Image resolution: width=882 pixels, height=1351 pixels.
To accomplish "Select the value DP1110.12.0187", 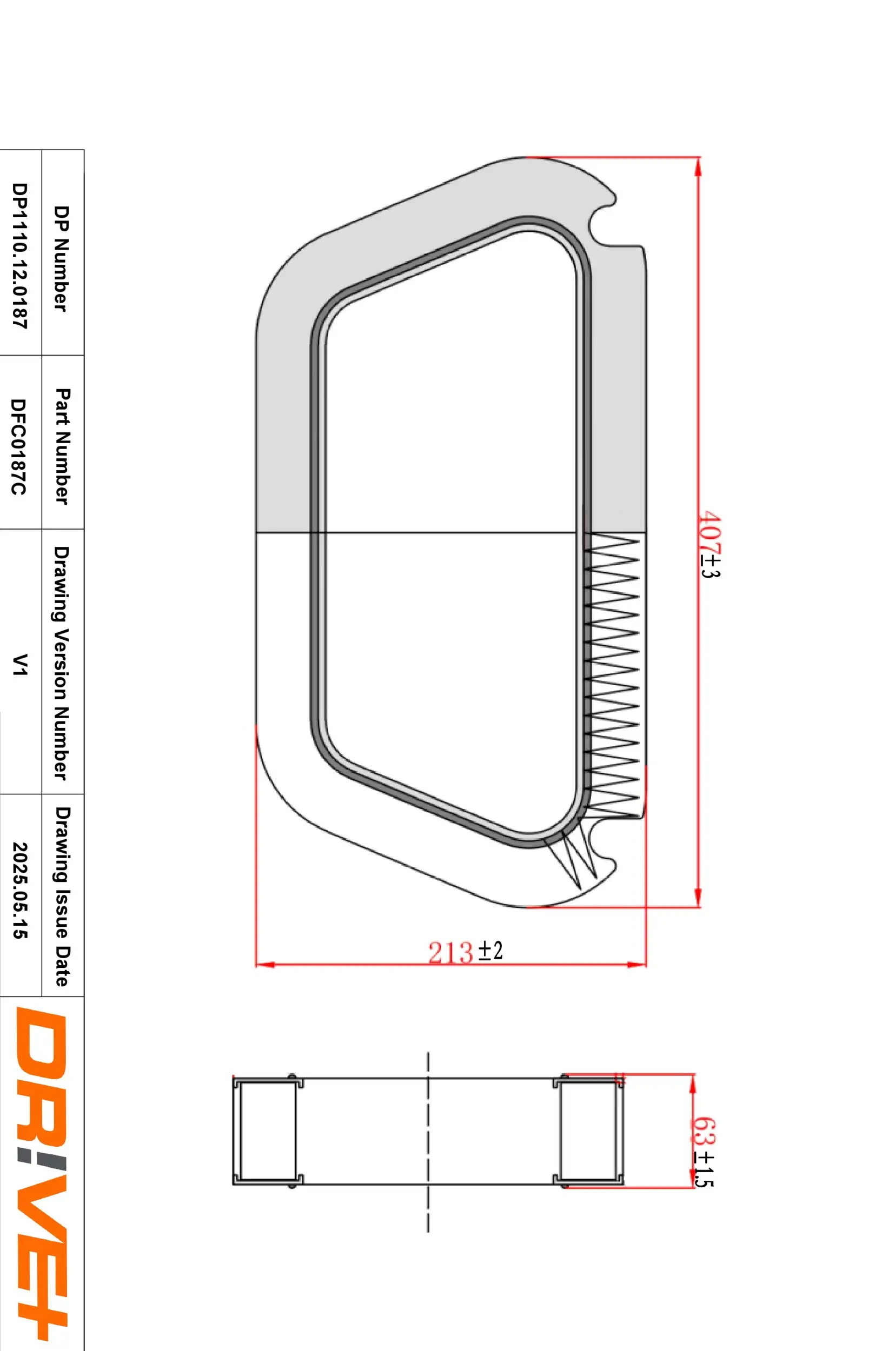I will pos(19,256).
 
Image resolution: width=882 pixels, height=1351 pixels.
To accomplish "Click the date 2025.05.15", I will pos(19,898).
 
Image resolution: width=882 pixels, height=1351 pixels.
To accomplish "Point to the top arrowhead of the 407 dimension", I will pos(698,165).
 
